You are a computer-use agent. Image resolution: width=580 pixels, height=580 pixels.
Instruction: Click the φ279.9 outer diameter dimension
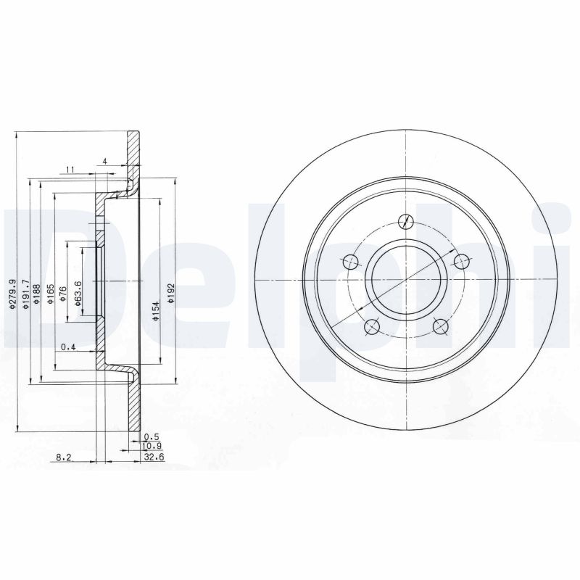12,294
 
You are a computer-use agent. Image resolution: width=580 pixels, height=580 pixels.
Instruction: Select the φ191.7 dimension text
25,294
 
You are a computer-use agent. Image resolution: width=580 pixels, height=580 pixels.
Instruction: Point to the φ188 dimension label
37,297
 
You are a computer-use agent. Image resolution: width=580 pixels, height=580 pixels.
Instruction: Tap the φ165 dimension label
49,297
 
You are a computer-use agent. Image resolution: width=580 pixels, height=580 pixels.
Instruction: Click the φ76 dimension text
63,297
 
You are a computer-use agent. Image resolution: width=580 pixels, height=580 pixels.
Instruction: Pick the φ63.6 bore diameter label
77,297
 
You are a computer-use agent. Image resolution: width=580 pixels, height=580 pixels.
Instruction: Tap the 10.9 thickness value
151,447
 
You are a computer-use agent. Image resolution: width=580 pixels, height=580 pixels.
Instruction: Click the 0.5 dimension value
151,436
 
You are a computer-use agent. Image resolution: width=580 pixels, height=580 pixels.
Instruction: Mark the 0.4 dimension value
68,347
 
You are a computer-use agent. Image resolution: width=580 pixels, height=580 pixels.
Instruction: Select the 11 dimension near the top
70,170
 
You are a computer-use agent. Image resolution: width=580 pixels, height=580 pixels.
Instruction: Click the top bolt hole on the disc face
407,222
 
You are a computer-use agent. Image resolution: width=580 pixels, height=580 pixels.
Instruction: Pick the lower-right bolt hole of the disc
440,326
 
